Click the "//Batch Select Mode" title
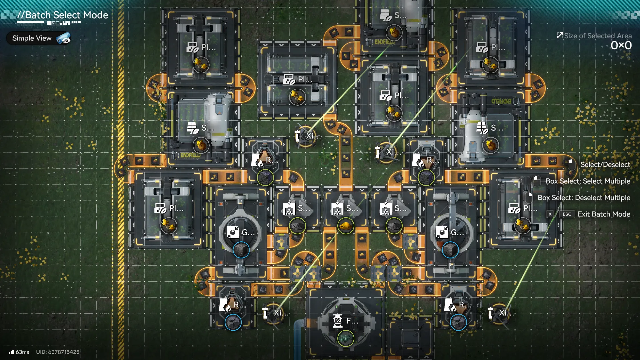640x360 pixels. (x=63, y=15)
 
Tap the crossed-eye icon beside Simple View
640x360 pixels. (x=63, y=38)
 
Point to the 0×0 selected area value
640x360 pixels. (x=621, y=45)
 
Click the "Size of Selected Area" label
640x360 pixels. (x=598, y=36)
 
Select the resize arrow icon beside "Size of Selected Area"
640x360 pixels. (x=560, y=35)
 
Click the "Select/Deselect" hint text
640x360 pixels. (x=605, y=164)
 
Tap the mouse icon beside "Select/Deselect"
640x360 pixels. (x=571, y=164)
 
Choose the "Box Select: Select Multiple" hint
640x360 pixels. (x=588, y=181)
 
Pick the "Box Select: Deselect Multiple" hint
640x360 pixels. (x=584, y=198)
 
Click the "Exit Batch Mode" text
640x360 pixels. (x=604, y=214)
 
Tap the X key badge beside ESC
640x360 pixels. (x=550, y=214)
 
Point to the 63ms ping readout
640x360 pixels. (x=22, y=352)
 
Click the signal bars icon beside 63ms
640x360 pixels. (x=11, y=352)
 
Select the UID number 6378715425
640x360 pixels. (x=64, y=352)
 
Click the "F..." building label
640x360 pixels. (x=352, y=321)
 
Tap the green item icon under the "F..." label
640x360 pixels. (x=346, y=338)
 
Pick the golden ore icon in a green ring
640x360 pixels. (x=346, y=226)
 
